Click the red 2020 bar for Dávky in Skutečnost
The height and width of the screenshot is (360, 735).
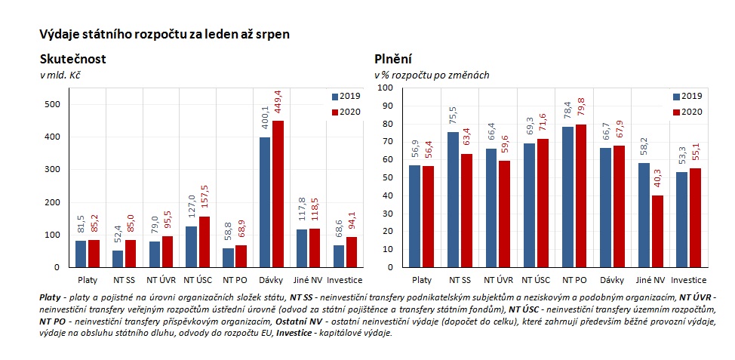pyautogui.click(x=278, y=194)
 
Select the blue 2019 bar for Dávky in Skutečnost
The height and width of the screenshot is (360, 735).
pyautogui.click(x=265, y=202)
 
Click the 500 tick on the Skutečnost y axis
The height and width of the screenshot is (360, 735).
pyautogui.click(x=54, y=104)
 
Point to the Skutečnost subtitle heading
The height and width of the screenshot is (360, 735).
pyautogui.click(x=72, y=59)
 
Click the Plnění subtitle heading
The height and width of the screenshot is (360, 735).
pyautogui.click(x=392, y=59)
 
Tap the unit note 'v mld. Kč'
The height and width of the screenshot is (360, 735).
pyautogui.click(x=60, y=75)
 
